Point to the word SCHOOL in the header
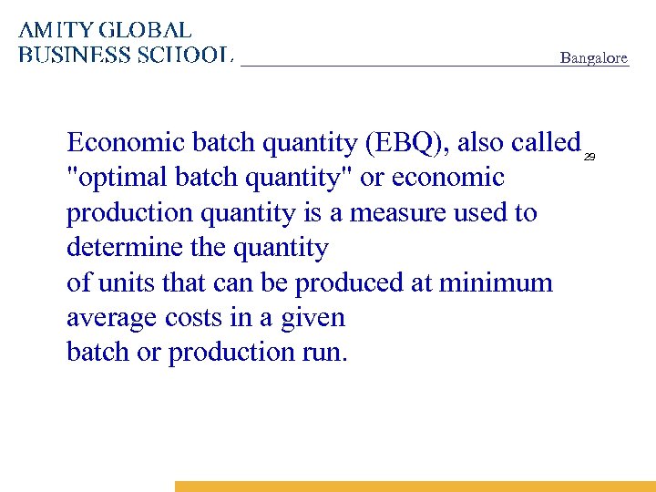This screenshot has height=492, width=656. [x=183, y=55]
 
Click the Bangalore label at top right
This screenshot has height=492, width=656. [x=593, y=58]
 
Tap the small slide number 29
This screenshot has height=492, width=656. [x=589, y=158]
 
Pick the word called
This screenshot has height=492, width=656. [x=546, y=143]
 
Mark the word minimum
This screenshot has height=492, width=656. [x=496, y=282]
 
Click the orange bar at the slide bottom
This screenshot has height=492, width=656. [x=415, y=487]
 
